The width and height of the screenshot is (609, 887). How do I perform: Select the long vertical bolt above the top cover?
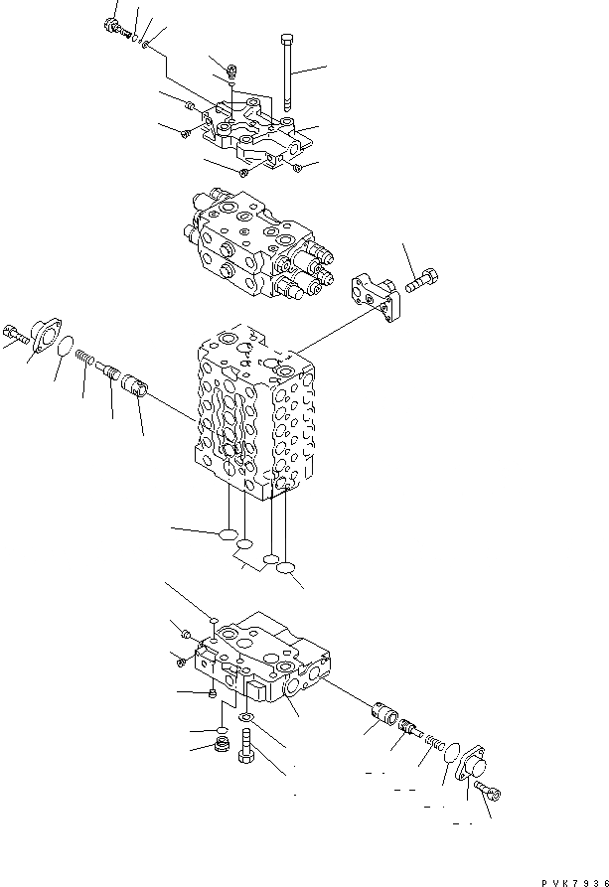285,73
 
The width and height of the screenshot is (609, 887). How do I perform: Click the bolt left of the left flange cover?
12,334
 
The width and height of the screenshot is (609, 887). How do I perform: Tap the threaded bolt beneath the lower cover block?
246,745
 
